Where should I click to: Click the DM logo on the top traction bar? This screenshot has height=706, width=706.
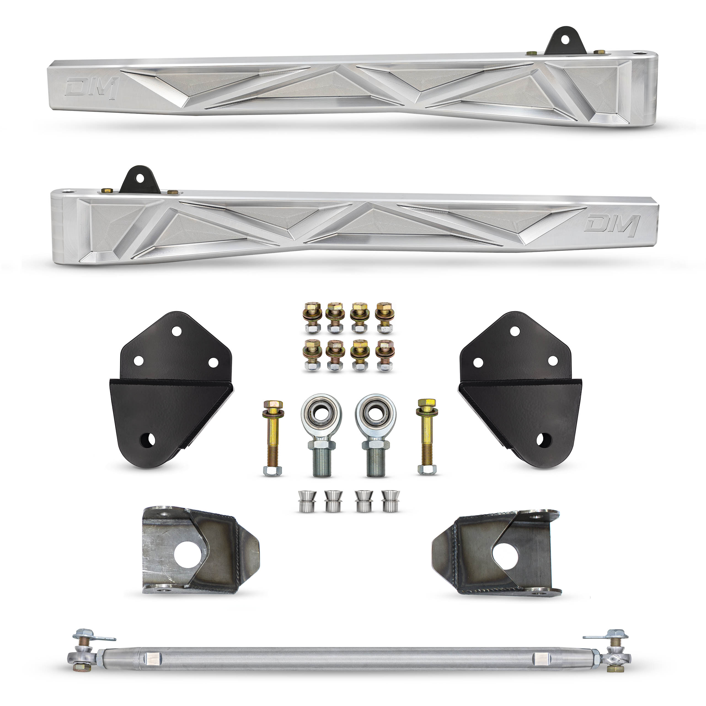tap(92, 88)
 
